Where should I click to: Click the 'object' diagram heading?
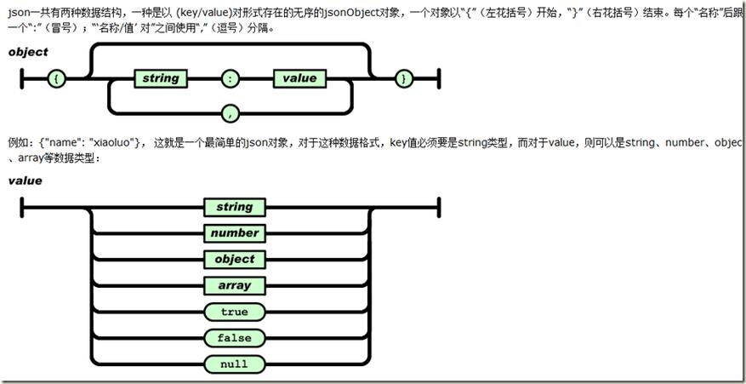click(28, 52)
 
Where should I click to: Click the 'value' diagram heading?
click(25, 181)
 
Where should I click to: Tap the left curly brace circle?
click(57, 78)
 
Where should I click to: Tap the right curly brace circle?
click(405, 78)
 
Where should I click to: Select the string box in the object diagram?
click(160, 78)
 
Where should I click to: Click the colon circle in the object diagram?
click(230, 78)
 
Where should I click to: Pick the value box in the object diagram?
click(299, 78)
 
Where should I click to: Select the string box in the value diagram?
click(234, 207)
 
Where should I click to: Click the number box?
click(234, 232)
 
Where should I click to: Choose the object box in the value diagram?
click(234, 259)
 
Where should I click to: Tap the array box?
click(234, 285)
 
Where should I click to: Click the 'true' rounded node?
click(234, 312)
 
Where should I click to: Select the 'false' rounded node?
click(234, 338)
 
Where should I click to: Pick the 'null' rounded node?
click(234, 364)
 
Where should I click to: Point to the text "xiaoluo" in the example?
click(115, 142)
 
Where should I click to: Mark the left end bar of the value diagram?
click(20, 207)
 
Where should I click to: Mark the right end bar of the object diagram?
click(438, 78)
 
